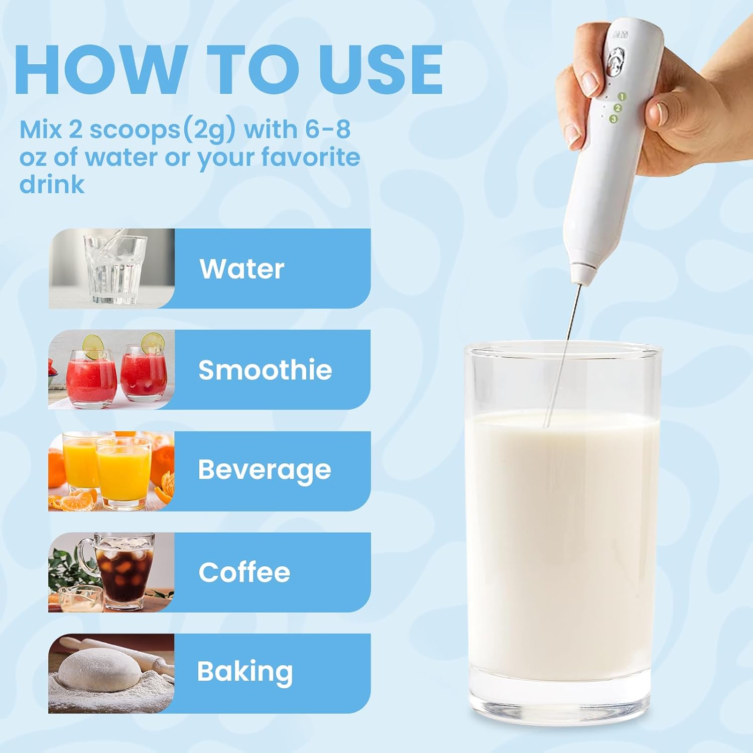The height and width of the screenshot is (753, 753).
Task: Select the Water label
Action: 242,269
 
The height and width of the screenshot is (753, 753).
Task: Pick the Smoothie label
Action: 265,370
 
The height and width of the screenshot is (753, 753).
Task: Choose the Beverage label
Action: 265,470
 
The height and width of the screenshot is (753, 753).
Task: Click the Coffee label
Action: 244,572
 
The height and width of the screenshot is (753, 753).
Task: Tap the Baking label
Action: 245,673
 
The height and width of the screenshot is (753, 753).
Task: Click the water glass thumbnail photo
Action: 111,269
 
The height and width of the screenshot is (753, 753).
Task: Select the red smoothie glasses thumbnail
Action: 111,369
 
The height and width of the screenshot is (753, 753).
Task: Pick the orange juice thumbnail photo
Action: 111,471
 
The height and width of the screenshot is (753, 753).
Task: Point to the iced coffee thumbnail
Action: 111,572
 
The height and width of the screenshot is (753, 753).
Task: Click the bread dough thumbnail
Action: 111,673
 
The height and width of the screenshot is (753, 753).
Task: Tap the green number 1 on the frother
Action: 622,96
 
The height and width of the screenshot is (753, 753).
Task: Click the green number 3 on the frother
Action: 613,119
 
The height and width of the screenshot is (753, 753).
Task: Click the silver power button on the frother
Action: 615,62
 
